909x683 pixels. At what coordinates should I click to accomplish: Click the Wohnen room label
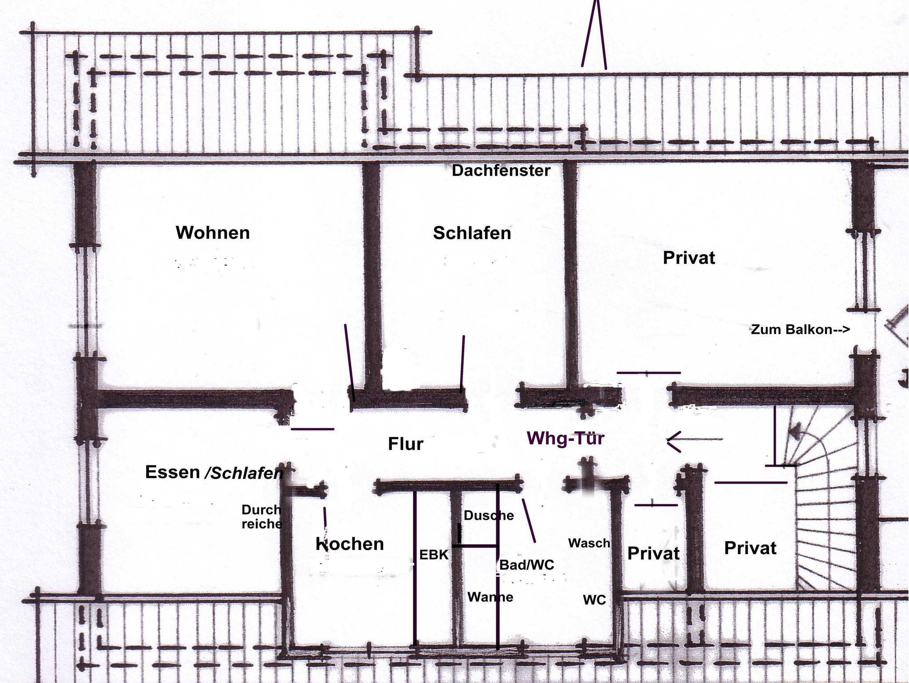point(213,233)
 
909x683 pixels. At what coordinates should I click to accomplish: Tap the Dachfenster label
point(501,171)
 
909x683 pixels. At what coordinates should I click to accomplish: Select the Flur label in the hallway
point(406,444)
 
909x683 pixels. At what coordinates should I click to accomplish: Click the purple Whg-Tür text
point(566,438)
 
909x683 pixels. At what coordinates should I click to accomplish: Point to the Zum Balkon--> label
point(800,330)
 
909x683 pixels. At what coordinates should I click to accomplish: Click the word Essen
point(173,472)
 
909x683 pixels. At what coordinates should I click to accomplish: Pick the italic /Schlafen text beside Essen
point(244,473)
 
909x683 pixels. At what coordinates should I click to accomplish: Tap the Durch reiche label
point(262,516)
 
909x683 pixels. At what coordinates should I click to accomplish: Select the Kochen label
point(350,544)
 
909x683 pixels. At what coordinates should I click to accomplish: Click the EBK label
point(434,555)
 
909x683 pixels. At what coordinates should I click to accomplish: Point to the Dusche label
point(489,516)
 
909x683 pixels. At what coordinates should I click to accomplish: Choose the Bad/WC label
point(527,565)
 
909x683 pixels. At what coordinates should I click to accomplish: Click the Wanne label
point(490,597)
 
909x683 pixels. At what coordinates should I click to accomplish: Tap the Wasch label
point(589,543)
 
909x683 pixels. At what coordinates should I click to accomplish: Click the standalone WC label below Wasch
point(594,600)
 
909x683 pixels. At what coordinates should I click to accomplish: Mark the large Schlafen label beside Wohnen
point(472,233)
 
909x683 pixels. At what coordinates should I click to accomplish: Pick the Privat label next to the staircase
point(750,548)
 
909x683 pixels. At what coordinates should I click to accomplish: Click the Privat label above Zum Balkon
point(689,258)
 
